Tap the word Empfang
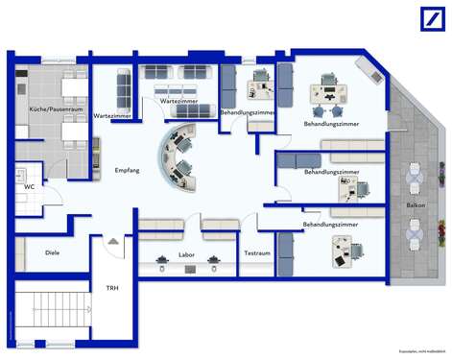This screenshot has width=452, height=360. [x=128, y=170]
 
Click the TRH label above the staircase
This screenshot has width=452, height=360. [x=111, y=287]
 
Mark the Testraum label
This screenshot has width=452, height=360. [x=255, y=254]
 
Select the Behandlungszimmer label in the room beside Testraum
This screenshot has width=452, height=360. [x=331, y=224]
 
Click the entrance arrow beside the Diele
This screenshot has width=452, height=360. [x=114, y=241]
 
